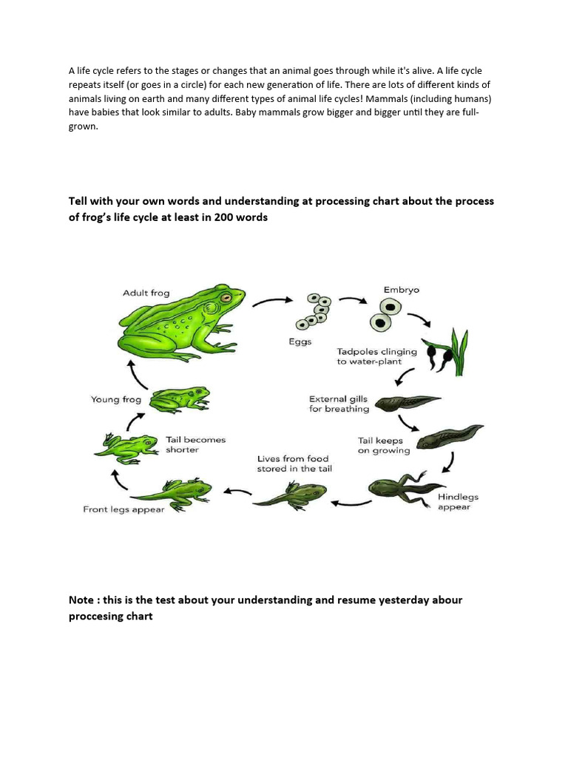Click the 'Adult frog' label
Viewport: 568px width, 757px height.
tap(146, 293)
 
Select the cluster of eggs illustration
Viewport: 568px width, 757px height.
tap(313, 311)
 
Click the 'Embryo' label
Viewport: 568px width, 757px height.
tap(401, 290)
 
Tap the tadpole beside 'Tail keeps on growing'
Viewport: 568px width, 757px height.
tap(448, 436)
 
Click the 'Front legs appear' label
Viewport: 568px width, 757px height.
tap(124, 509)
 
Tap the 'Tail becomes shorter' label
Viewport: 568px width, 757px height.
tap(195, 444)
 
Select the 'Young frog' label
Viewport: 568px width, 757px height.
tap(115, 399)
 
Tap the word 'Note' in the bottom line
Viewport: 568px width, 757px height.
tap(81, 600)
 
